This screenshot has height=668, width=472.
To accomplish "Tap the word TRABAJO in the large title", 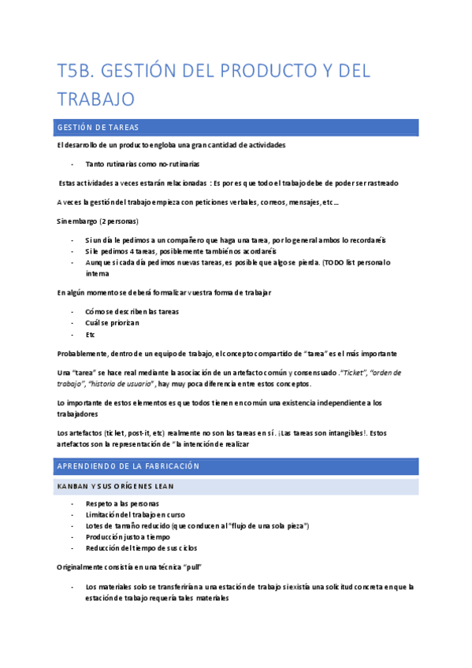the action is [x=96, y=99].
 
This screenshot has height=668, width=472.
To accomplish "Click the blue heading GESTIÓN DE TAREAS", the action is [x=98, y=128].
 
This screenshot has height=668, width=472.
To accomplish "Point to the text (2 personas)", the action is [x=121, y=221].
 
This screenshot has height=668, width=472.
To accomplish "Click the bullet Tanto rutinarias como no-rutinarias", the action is [x=142, y=164].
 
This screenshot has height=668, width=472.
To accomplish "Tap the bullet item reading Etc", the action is [x=90, y=335].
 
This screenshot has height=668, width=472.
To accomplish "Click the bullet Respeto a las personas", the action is [x=122, y=503].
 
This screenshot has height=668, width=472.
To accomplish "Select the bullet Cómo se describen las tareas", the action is [x=133, y=311].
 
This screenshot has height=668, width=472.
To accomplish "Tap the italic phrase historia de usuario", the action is [x=122, y=384].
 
